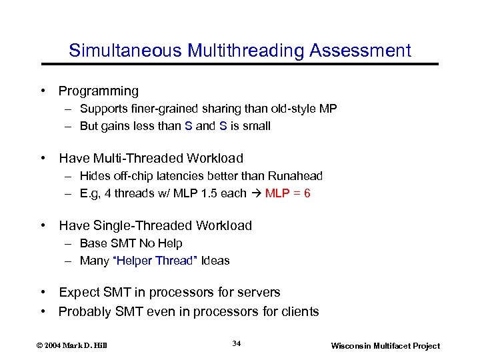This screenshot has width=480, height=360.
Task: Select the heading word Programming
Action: pyautogui.click(x=99, y=91)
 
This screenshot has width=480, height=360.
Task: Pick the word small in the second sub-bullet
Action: pyautogui.click(x=257, y=126)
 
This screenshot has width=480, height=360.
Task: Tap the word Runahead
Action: pyautogui.click(x=295, y=176)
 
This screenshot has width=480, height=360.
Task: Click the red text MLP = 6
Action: pyautogui.click(x=288, y=193)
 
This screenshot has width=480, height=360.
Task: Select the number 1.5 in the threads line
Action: pyautogui.click(x=218, y=193)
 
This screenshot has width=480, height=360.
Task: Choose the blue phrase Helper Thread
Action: pyautogui.click(x=155, y=261)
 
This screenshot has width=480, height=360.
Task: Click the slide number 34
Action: pyautogui.click(x=237, y=343)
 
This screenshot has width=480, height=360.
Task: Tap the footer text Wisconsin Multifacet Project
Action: pyautogui.click(x=386, y=345)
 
